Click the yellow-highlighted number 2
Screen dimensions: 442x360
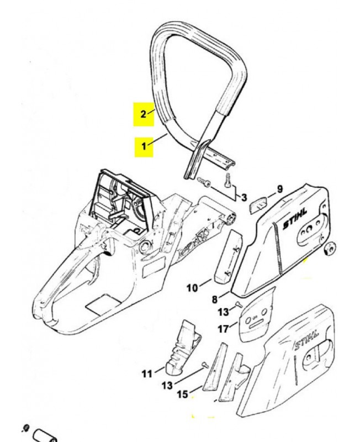pyautogui.click(x=143, y=114)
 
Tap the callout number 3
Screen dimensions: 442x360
pyautogui.click(x=245, y=197)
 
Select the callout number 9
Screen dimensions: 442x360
pyautogui.click(x=280, y=189)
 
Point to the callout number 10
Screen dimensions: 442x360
pyautogui.click(x=192, y=287)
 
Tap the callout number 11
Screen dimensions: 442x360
pyautogui.click(x=146, y=374)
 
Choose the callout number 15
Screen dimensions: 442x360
pyautogui.click(x=181, y=394)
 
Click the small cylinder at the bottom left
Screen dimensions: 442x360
pyautogui.click(x=44, y=434)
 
